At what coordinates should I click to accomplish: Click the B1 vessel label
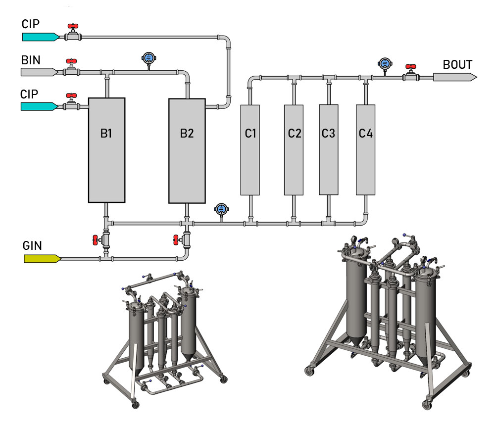tap(105, 133)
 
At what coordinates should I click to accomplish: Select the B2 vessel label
tap(187, 133)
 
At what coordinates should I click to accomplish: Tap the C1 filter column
tap(250, 133)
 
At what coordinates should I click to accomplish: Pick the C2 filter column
tap(294, 133)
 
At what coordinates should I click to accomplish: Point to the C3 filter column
tap(328, 133)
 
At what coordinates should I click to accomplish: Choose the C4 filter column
tap(365, 133)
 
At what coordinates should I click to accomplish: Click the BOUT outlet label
tap(457, 65)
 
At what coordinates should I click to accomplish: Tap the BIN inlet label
tap(31, 60)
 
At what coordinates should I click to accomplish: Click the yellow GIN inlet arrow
tap(42, 258)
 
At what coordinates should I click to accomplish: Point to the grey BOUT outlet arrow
tap(455, 77)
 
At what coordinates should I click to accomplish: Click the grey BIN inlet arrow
tap(40, 72)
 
